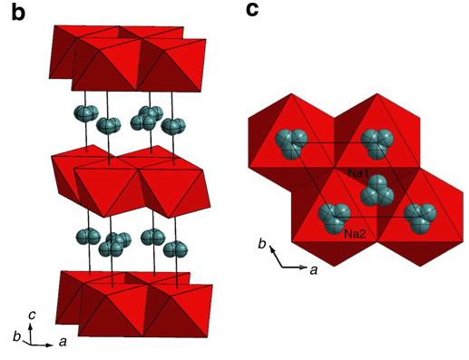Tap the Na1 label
tap(358, 171)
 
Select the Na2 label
tap(355, 234)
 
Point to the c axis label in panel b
tap(33, 314)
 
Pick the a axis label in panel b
tap(61, 342)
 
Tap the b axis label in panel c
tap(263, 245)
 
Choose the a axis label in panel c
tap(313, 270)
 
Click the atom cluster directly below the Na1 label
tap(374, 193)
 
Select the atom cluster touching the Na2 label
tap(333, 216)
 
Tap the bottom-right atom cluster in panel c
tap(418, 215)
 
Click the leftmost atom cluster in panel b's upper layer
tap(85, 115)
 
